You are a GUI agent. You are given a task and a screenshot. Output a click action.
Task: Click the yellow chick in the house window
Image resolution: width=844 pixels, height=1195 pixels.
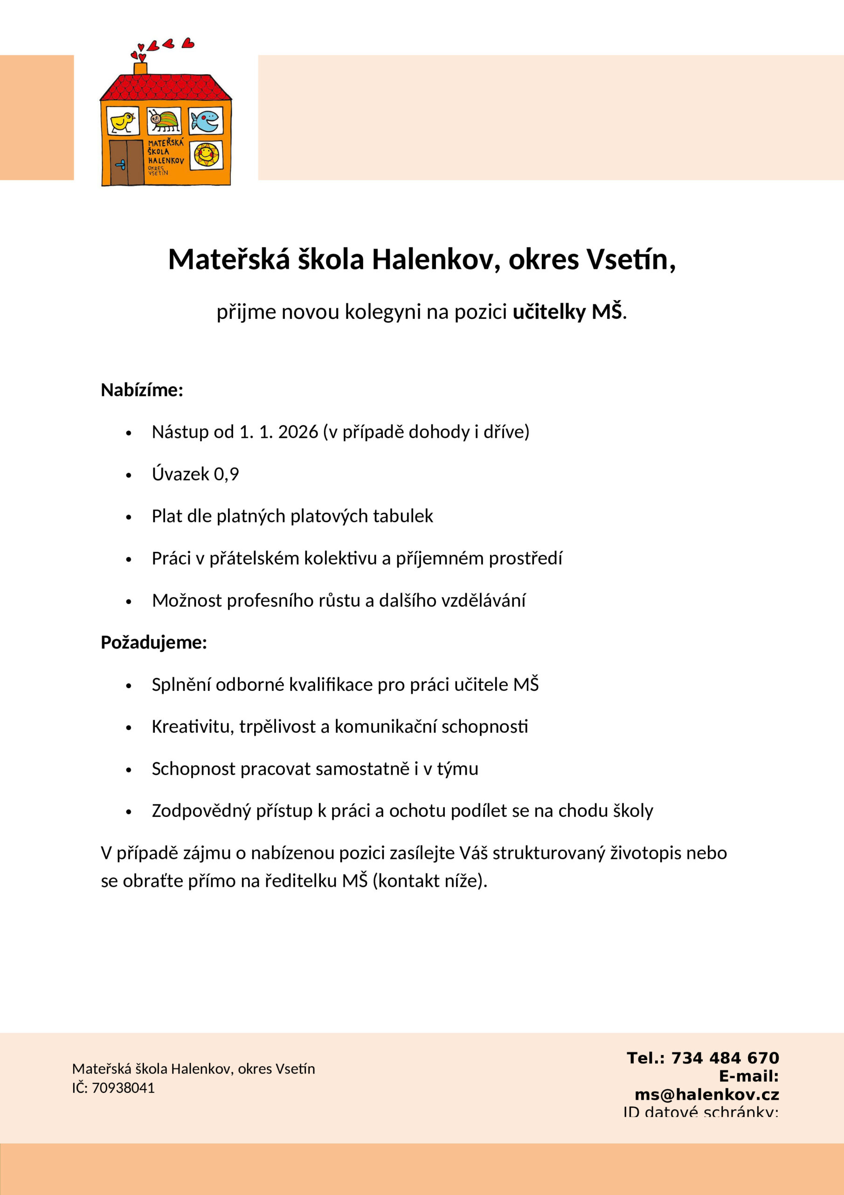(123, 122)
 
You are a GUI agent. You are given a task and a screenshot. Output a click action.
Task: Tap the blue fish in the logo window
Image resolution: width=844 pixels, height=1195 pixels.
(206, 121)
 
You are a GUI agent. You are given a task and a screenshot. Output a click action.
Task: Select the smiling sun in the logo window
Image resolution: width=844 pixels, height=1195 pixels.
(206, 155)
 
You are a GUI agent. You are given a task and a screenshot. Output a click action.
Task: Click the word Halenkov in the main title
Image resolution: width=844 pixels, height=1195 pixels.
(432, 259)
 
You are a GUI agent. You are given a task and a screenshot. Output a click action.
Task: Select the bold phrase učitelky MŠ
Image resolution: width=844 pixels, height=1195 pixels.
(567, 312)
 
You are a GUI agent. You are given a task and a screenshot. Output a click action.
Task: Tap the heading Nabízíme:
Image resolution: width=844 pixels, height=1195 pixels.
(142, 390)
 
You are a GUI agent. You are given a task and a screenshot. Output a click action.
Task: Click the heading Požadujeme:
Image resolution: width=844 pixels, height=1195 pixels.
(154, 642)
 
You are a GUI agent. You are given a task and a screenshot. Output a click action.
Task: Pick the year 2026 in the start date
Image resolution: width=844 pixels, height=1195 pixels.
(298, 432)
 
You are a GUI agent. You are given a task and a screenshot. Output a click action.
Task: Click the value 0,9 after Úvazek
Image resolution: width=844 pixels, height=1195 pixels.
(226, 474)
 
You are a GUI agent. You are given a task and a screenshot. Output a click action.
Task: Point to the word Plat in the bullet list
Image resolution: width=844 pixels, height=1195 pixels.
(167, 516)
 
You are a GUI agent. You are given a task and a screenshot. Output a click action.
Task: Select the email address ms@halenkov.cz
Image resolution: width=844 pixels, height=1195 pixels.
(707, 1095)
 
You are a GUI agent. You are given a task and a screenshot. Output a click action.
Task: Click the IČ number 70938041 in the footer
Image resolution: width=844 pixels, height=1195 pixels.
(123, 1088)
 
